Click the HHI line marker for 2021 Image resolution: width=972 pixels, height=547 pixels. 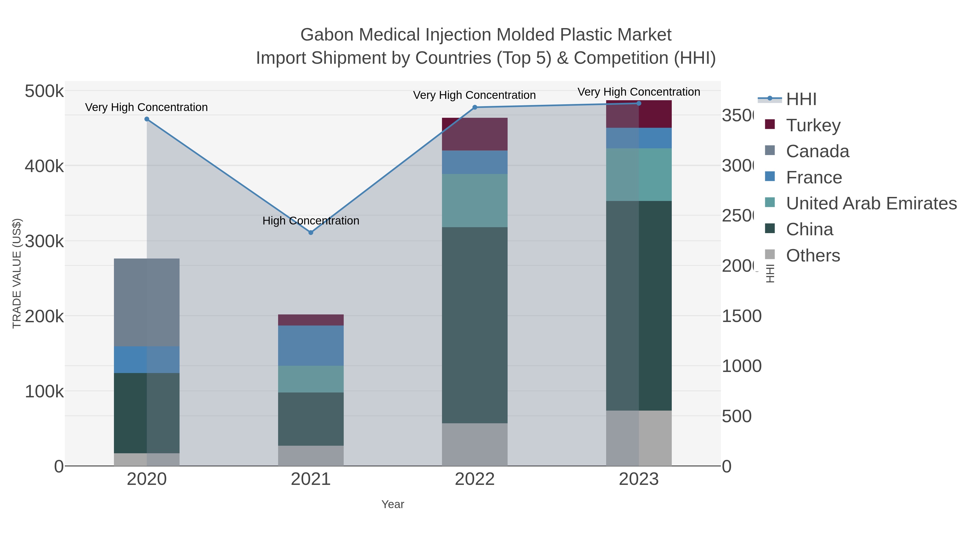pos(310,233)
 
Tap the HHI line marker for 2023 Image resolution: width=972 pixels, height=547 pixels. pos(639,103)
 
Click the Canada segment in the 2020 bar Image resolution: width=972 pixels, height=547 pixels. pos(147,302)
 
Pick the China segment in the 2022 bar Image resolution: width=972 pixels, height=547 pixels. pos(474,325)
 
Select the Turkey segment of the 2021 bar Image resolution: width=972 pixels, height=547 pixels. pos(310,320)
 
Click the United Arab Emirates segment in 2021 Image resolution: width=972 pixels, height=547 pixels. pos(310,379)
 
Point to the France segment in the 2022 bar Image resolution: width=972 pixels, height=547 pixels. pos(474,162)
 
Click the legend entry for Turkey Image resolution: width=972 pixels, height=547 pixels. pos(813,125)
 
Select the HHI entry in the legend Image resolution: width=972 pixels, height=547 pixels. pos(801,99)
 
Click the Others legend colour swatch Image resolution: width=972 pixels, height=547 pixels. pos(770,255)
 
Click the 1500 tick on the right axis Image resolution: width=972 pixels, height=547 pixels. pos(741,316)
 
